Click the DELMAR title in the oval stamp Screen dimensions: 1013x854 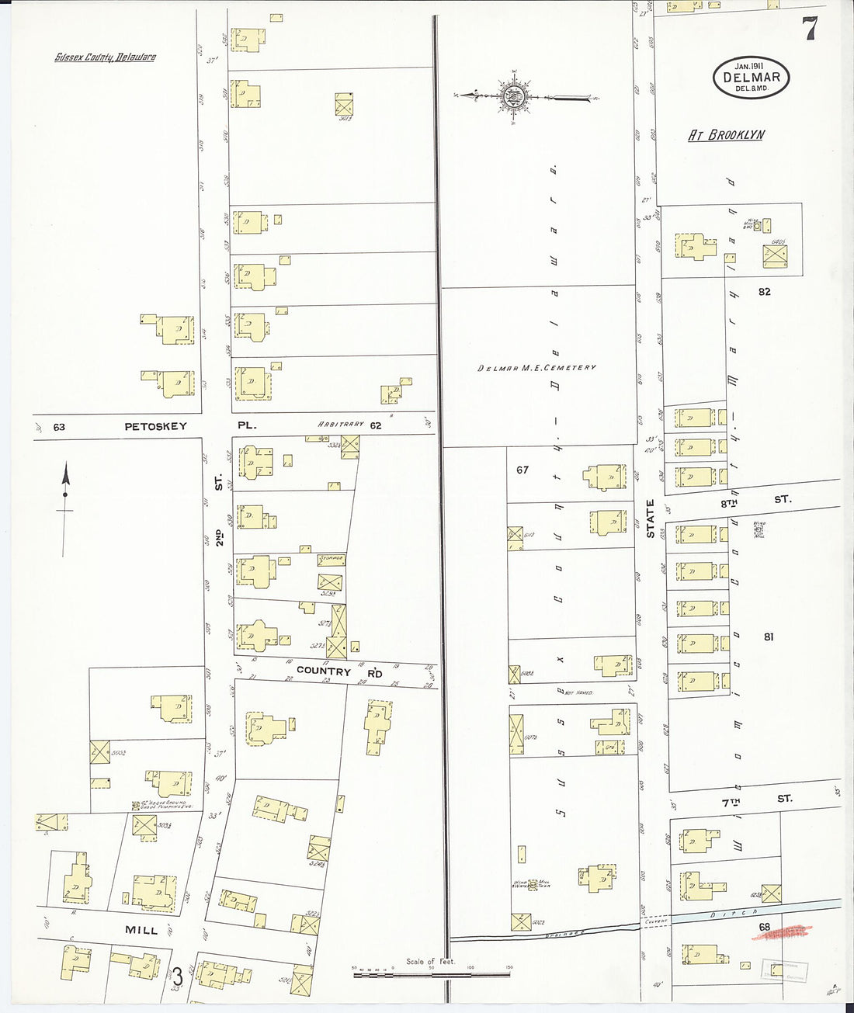coord(751,77)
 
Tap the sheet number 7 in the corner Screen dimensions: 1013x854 coord(810,29)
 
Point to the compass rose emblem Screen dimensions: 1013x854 coord(513,97)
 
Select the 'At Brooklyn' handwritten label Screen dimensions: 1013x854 coord(727,135)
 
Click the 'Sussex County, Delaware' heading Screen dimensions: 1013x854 coord(105,57)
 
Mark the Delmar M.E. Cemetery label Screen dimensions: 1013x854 coord(536,367)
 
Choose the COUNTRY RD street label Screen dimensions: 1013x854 coord(339,671)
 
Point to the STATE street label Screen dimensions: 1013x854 coord(651,519)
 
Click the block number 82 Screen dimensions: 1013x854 coord(765,291)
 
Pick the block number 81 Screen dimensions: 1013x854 coord(769,637)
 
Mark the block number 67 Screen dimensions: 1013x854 coord(522,470)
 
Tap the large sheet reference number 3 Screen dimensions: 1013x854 coord(178,974)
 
